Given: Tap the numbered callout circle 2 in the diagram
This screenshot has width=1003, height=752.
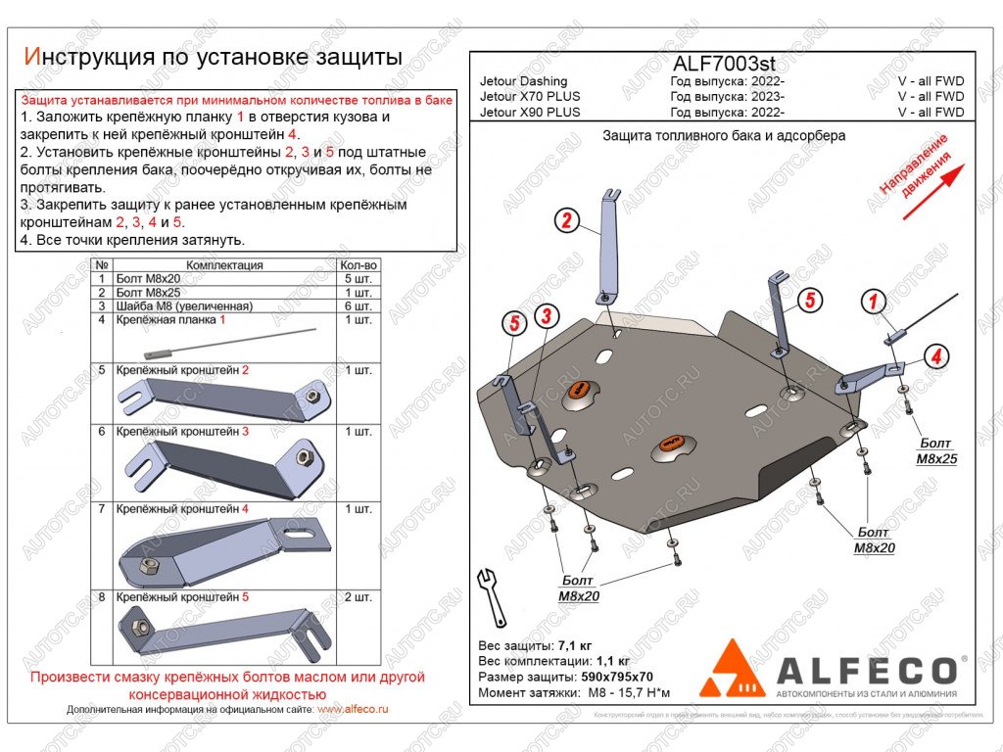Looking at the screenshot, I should coord(565,220).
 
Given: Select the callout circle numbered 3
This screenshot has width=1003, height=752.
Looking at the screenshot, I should coord(546,316).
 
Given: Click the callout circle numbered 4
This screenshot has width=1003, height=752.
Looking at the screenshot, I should coord(936,356).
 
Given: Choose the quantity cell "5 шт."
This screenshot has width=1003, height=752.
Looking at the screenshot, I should coord(358,279).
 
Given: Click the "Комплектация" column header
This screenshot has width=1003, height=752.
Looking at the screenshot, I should coord(224,265).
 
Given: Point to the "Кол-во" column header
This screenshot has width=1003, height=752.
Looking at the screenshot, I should coord(358,265).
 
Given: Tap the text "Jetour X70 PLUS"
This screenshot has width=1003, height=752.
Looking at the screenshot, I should coord(530,97).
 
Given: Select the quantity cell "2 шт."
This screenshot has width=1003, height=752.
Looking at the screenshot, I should coord(358,596).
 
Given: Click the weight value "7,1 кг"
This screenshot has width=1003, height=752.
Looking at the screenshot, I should coord(575,646).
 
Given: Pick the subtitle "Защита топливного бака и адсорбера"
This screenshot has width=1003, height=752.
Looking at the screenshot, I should coord(723,136).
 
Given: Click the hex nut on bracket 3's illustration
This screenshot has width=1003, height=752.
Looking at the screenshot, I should coord(304,455).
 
